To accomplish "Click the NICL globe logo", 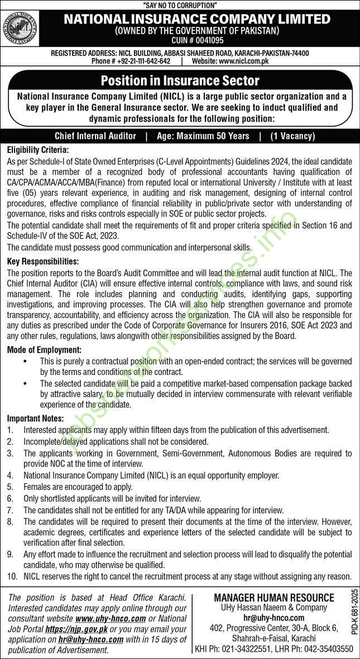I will (x=21, y=30).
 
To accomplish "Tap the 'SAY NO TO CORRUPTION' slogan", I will (x=180, y=4).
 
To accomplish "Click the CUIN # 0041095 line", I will (x=196, y=41).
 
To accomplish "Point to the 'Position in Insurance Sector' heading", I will (x=180, y=81).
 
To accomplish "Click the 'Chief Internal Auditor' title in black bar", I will (x=95, y=136).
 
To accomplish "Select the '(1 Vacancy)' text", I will (x=292, y=136).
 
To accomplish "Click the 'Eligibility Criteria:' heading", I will (x=37, y=150).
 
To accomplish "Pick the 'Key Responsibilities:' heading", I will (x=42, y=261).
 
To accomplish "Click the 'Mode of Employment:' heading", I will (x=44, y=350).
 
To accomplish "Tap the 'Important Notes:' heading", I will (x=35, y=419).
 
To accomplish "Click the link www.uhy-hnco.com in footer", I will (x=111, y=619).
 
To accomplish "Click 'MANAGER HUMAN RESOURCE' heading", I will (x=274, y=598).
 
